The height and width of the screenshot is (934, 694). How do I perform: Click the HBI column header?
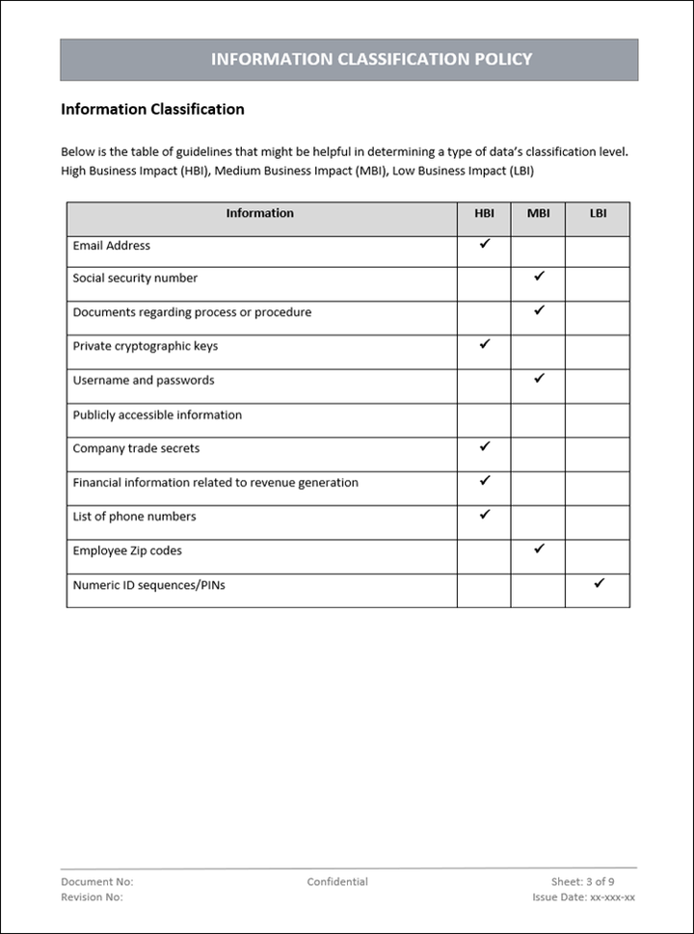484,213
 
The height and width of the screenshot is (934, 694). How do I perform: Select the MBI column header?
538,213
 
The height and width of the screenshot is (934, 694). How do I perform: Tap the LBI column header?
598,213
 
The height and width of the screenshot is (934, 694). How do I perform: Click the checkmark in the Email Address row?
485,244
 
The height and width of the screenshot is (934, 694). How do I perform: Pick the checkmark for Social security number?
539,277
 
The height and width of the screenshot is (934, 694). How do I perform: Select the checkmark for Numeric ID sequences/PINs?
599,583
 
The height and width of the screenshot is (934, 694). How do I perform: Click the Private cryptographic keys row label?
145,346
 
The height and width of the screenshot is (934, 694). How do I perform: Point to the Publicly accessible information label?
157,414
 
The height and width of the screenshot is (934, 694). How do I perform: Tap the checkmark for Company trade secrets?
485,446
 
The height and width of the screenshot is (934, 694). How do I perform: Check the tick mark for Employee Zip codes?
539,548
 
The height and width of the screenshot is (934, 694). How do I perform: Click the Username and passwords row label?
144,380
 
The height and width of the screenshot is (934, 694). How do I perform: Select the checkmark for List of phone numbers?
485,515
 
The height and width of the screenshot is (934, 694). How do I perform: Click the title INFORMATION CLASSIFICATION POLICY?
371,59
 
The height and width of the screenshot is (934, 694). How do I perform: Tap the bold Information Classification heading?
152,109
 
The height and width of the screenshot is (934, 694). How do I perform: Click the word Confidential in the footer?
337,881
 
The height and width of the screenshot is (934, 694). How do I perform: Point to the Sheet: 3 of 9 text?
582,881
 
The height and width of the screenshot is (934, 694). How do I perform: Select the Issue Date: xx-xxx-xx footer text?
583,897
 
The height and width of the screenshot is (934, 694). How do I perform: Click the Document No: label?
97,881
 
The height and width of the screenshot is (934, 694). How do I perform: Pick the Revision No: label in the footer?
92,897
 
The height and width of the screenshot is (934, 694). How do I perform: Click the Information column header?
259,213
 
